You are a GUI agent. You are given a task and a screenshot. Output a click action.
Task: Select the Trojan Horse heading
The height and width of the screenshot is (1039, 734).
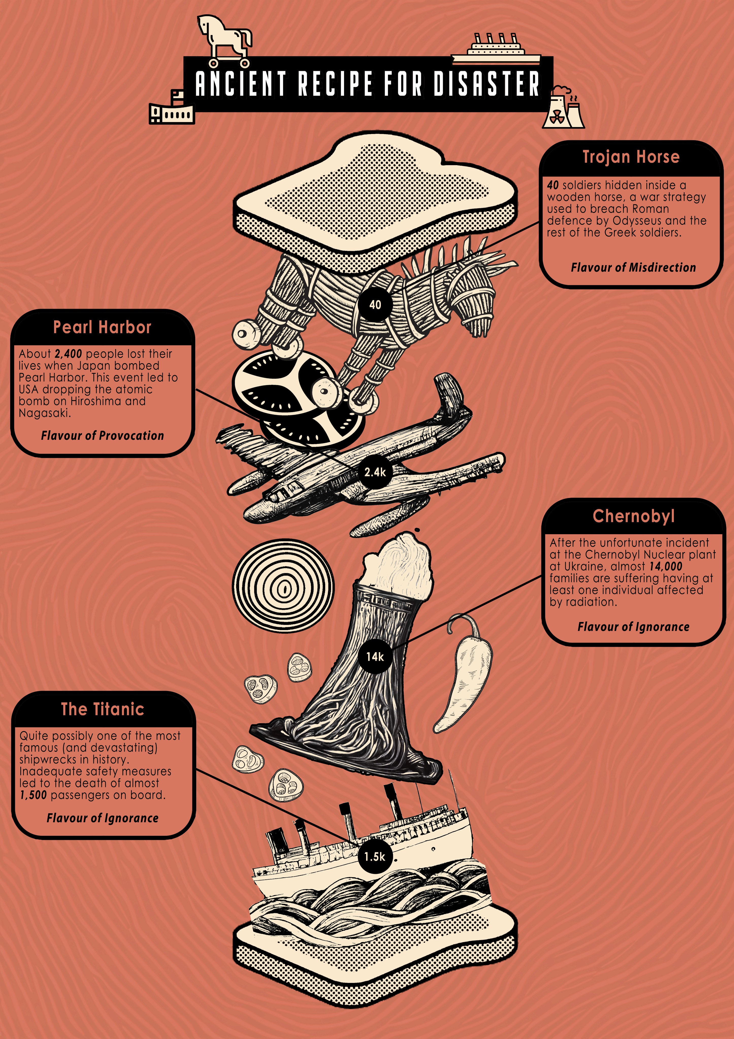631,157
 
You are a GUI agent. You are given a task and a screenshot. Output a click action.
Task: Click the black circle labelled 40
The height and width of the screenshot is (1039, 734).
375,305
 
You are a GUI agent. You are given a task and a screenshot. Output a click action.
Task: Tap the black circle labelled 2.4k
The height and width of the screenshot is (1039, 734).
375,472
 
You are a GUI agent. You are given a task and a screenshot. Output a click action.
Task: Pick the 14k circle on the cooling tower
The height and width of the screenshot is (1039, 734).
375,657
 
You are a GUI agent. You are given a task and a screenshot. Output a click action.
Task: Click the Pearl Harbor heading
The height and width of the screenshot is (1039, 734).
102,327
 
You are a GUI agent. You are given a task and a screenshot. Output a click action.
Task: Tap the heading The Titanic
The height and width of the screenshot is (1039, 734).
102,709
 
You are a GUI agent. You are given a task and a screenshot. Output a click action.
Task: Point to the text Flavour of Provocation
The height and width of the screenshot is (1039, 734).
102,436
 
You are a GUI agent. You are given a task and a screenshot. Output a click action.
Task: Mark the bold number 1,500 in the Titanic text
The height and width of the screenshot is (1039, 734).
33,795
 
